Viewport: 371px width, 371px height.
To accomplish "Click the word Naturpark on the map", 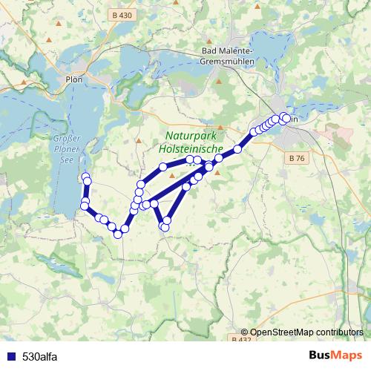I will (x=193, y=137).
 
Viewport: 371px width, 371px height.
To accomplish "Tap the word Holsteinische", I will (x=191, y=149).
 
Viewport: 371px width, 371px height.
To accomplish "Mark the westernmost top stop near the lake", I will (x=85, y=176).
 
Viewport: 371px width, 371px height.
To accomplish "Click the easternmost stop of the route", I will (x=286, y=118).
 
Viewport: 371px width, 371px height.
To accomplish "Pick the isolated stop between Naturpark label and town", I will (x=237, y=149).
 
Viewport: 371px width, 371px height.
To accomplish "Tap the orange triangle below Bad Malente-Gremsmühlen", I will (x=220, y=79).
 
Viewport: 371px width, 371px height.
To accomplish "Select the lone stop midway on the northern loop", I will (x=163, y=167).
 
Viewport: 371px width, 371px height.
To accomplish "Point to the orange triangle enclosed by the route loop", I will (x=172, y=176).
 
